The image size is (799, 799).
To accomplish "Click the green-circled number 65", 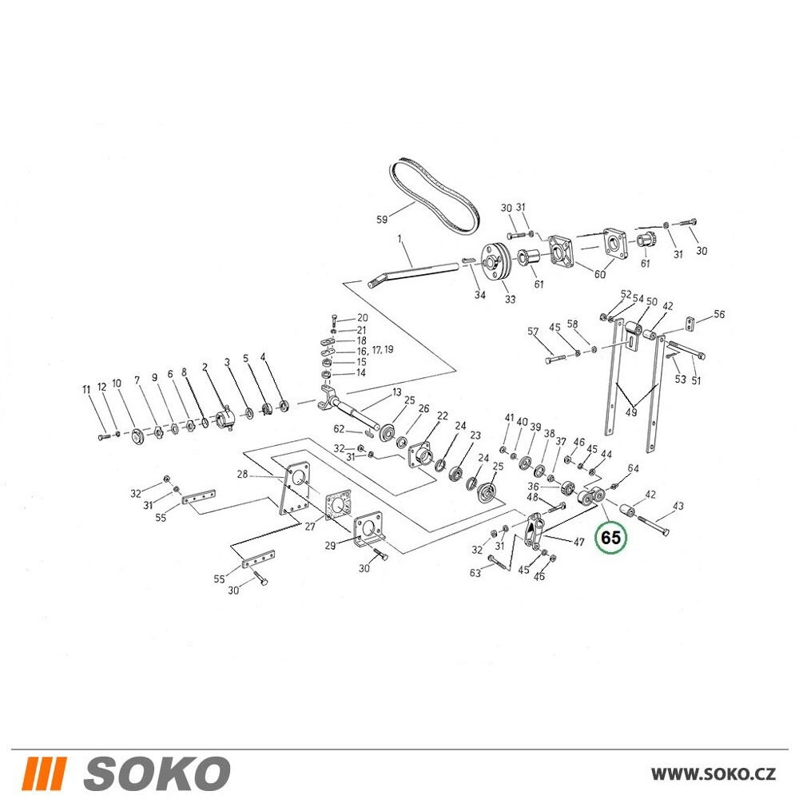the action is coord(611,538).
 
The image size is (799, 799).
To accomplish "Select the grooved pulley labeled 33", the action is coord(495,261).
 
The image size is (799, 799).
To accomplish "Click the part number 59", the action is coord(382,219).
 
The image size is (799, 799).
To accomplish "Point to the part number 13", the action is coord(397,392).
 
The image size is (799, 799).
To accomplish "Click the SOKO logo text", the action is coord(157,773).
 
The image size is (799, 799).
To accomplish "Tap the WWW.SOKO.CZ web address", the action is coord(713,774).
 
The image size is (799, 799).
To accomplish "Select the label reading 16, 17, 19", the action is coord(375,351).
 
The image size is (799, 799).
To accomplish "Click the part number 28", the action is coord(242,474).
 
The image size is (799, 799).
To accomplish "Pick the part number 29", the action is coord(330,545).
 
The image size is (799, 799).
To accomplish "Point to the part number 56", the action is coord(718,314).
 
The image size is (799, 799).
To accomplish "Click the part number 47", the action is coord(578,542).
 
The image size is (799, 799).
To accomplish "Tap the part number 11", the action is coord(86,389).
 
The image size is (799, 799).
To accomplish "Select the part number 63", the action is coord(475,573).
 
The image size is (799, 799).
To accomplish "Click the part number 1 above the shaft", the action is coord(400,238).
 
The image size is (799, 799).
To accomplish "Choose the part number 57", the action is coord(533,332).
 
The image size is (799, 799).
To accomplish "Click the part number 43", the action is coord(678,506).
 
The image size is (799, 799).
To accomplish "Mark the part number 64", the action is coord(633,467).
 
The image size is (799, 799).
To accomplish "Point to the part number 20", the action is coord(362,317).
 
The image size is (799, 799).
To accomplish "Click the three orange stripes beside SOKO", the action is coord(44,773).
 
